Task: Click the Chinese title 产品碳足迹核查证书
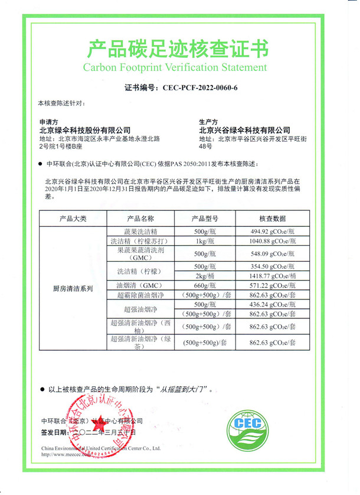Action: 178,47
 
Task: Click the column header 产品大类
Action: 73,219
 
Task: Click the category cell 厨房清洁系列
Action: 73,289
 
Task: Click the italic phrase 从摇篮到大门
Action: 187,389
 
